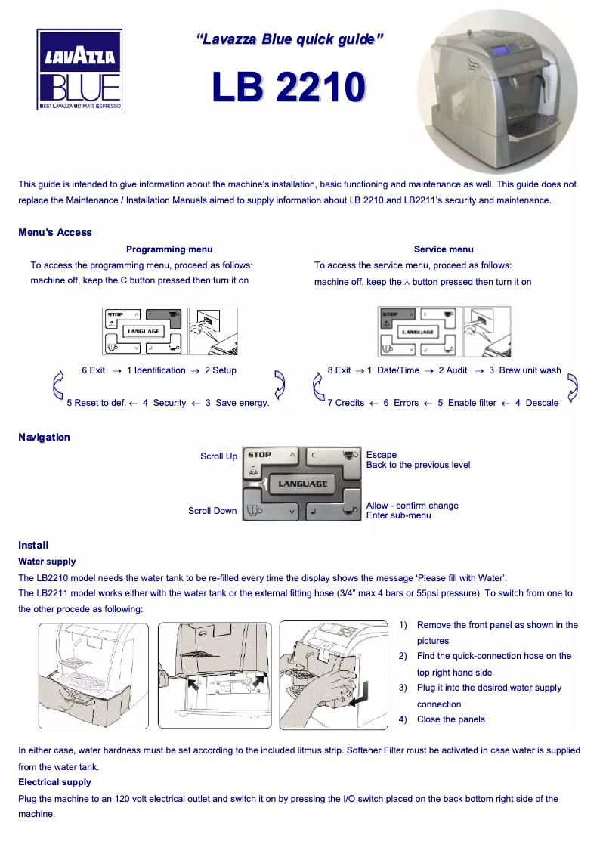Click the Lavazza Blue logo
pos(79,70)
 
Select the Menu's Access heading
pos(55,232)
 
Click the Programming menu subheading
pos(169,249)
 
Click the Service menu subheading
pos(444,249)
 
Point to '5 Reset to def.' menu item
pos(96,403)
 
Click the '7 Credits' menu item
pos(346,403)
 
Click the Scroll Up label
pos(218,456)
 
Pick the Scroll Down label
pos(212,511)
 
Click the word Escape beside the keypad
pos(382,455)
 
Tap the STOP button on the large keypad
pos(261,455)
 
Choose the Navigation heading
pos(44,437)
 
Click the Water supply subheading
pos(47,562)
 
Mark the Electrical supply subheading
pos(54,782)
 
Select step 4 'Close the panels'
pos(450,719)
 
